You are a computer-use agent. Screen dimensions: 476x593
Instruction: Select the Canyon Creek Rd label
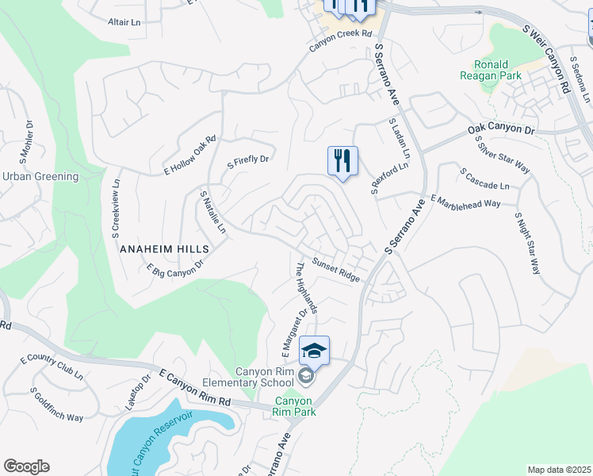click(340, 40)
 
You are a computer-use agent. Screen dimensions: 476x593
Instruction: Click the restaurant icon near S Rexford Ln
click(342, 162)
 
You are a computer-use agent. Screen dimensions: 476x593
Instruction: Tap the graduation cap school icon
click(314, 351)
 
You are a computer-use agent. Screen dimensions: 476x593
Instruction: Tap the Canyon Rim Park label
click(294, 406)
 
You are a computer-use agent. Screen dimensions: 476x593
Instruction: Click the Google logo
click(26, 466)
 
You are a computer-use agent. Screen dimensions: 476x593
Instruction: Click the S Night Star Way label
click(526, 242)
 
